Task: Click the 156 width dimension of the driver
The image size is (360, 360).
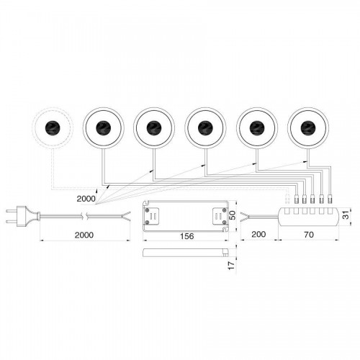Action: coord(187,236)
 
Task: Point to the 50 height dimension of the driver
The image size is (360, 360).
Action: coord(232,215)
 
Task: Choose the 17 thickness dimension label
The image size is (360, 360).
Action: coord(231,265)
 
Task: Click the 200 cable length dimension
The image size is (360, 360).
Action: coord(258,234)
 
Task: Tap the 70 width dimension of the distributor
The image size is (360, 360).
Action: coord(309,235)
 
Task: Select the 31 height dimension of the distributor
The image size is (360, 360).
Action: coord(345,216)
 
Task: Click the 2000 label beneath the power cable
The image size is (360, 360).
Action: coord(84,235)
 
